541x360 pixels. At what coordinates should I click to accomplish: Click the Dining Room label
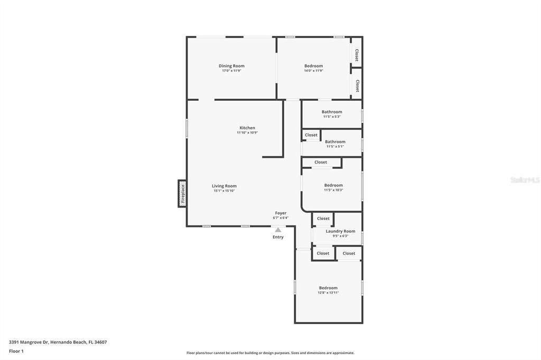pyautogui.click(x=231, y=66)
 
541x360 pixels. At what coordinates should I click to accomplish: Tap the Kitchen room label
pyautogui.click(x=247, y=128)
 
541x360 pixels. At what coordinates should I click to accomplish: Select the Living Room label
pyautogui.click(x=224, y=186)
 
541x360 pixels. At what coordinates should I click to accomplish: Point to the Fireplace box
pyautogui.click(x=182, y=193)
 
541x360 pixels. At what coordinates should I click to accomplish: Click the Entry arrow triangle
pyautogui.click(x=278, y=230)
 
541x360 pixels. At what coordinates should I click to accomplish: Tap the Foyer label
pyautogui.click(x=281, y=213)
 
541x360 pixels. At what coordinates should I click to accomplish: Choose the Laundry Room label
pyautogui.click(x=340, y=231)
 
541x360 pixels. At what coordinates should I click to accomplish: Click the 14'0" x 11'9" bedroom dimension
pyautogui.click(x=313, y=71)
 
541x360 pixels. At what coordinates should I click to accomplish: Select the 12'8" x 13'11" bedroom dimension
pyautogui.click(x=328, y=292)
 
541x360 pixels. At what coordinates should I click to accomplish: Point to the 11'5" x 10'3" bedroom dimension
pyautogui.click(x=333, y=190)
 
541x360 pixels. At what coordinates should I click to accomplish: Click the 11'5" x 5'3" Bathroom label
pyautogui.click(x=332, y=112)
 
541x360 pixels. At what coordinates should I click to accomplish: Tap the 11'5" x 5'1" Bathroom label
pyautogui.click(x=335, y=141)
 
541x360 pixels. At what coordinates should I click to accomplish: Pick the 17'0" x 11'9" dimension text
pyautogui.click(x=231, y=71)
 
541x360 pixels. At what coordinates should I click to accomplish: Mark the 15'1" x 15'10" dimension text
pyautogui.click(x=224, y=191)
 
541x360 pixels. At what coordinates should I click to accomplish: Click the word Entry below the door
pyautogui.click(x=278, y=237)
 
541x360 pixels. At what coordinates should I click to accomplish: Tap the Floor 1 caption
pyautogui.click(x=16, y=351)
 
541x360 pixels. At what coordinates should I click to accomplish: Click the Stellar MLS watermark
pyautogui.click(x=525, y=180)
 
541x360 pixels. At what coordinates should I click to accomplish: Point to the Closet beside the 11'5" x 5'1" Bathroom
pyautogui.click(x=311, y=135)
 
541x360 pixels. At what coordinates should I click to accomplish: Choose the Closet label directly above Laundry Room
pyautogui.click(x=323, y=219)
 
